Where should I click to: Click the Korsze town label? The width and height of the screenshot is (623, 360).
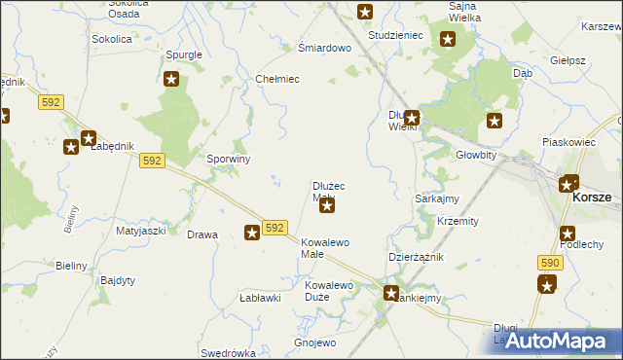pyautogui.click(x=592, y=197)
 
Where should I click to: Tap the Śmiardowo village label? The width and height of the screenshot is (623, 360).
pyautogui.click(x=323, y=48)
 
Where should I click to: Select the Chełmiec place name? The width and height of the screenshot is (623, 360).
pyautogui.click(x=276, y=79)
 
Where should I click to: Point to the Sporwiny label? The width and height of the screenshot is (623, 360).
pyautogui.click(x=230, y=159)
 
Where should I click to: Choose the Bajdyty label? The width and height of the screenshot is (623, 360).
pyautogui.click(x=118, y=280)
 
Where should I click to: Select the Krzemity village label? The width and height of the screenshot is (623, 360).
pyautogui.click(x=458, y=221)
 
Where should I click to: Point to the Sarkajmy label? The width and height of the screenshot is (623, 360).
pyautogui.click(x=437, y=198)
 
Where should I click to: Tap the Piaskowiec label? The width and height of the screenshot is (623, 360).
pyautogui.click(x=568, y=142)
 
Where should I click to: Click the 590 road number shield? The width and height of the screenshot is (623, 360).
pyautogui.click(x=549, y=263)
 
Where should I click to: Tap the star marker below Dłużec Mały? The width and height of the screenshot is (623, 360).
pyautogui.click(x=328, y=205)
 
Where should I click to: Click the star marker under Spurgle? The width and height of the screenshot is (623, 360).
pyautogui.click(x=171, y=80)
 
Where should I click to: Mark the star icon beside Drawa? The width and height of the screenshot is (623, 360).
pyautogui.click(x=251, y=232)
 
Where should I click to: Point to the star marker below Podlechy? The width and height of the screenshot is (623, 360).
pyautogui.click(x=546, y=283)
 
